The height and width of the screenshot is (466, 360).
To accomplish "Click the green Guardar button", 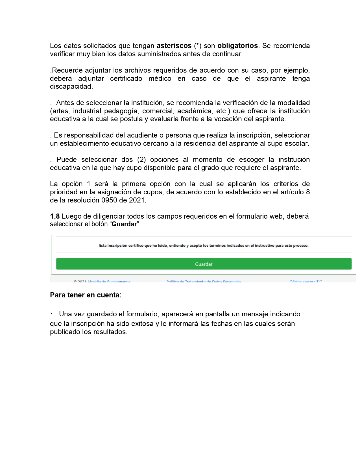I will pyautogui.click(x=204, y=264).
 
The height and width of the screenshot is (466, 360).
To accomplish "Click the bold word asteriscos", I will pyautogui.click(x=174, y=46).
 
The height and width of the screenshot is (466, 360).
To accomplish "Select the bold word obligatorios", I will pyautogui.click(x=237, y=46).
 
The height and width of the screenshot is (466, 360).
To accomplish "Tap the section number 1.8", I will pyautogui.click(x=55, y=216).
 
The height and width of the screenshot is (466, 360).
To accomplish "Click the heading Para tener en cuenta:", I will pyautogui.click(x=86, y=295).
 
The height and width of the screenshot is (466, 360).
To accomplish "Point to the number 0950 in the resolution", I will pyautogui.click(x=109, y=200).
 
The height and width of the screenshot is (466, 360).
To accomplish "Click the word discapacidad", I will pyautogui.click(x=71, y=86).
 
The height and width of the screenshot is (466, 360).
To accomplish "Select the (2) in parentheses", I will pyautogui.click(x=141, y=160).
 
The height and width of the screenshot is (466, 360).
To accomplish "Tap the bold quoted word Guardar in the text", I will pyautogui.click(x=124, y=224).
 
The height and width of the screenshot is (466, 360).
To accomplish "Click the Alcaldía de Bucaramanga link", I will pyautogui.click(x=109, y=281).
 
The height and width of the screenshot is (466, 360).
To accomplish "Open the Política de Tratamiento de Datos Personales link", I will pyautogui.click(x=204, y=281).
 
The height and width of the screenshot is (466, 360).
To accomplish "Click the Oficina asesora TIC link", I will pyautogui.click(x=306, y=281).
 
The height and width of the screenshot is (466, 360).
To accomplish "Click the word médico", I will pyautogui.click(x=160, y=79).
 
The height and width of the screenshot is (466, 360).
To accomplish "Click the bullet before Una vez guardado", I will pyautogui.click(x=52, y=314).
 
